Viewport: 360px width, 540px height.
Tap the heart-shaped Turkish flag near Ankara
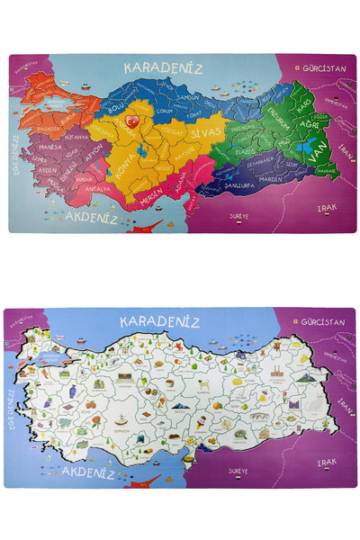(x=130, y=119)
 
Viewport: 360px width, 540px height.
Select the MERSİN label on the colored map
(x=151, y=191)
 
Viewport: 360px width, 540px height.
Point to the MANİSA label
(x=49, y=145)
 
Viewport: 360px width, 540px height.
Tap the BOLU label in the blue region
(x=115, y=108)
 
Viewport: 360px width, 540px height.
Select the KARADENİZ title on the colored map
(x=164, y=67)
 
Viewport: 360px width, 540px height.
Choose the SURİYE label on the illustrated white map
(x=238, y=471)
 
